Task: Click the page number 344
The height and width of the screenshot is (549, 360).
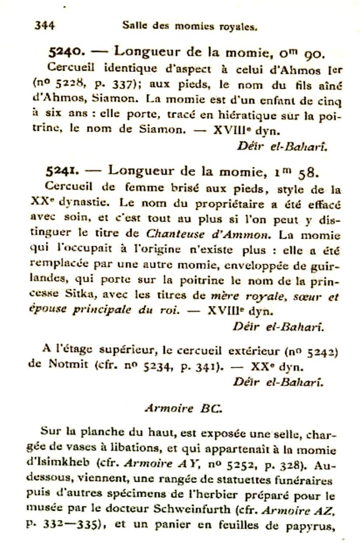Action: pos(44,25)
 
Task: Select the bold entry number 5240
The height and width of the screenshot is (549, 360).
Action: pos(64,53)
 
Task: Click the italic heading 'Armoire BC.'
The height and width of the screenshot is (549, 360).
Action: pos(183,408)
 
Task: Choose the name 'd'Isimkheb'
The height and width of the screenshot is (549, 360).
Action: pos(58,462)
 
